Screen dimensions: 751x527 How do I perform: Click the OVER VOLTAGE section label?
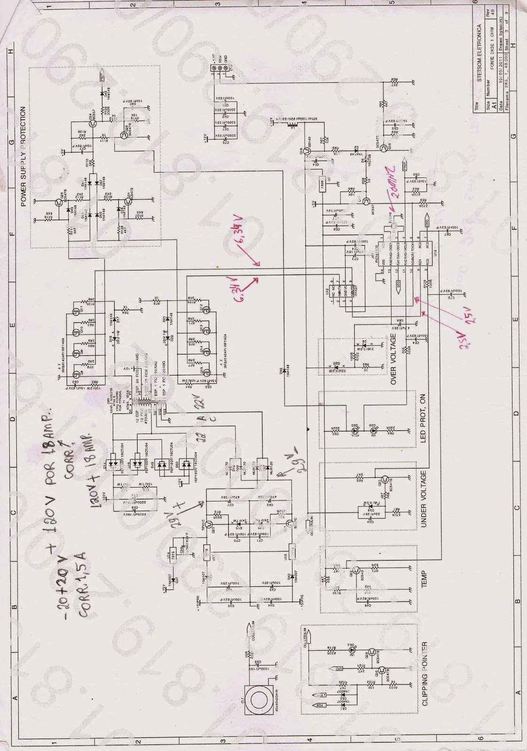(394, 359)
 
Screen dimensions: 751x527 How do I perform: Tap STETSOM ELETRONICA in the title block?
(479, 57)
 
